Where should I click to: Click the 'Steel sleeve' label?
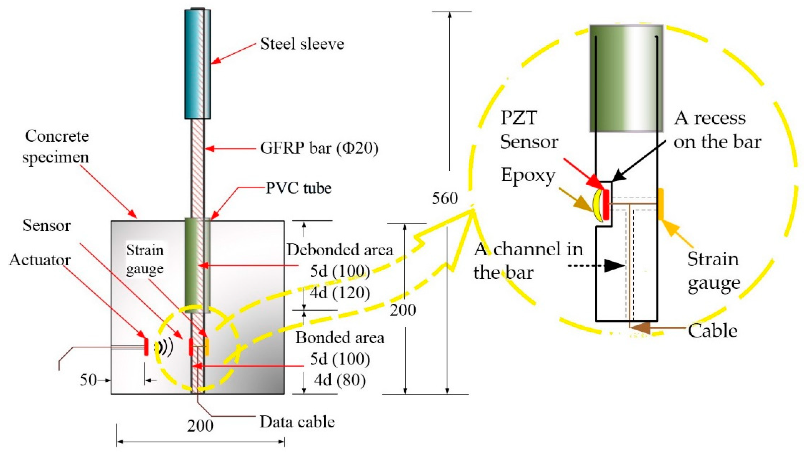(x=302, y=44)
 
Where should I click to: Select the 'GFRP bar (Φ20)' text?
(x=319, y=148)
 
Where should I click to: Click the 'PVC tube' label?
(x=298, y=188)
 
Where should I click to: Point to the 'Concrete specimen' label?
(x=56, y=146)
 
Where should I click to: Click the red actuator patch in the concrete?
(x=146, y=347)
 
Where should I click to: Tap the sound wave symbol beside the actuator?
(x=164, y=347)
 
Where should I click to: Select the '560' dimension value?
(x=445, y=198)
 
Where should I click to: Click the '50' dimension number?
(x=88, y=380)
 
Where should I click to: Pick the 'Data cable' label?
(x=297, y=422)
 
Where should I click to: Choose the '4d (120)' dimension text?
(x=340, y=293)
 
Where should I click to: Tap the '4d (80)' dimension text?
(x=340, y=380)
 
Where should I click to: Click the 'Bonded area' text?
(x=340, y=338)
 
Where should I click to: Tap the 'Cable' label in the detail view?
(x=712, y=331)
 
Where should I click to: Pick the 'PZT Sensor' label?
(x=529, y=130)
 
